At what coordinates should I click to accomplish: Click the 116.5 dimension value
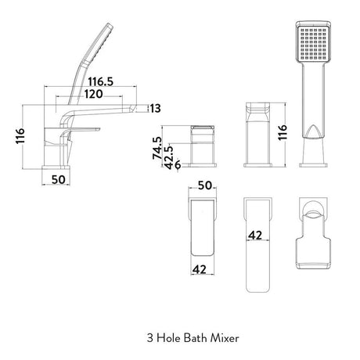(x=100, y=81)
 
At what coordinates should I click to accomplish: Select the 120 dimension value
(x=93, y=94)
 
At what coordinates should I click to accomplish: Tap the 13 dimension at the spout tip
(x=156, y=108)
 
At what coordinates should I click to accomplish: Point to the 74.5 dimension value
(x=157, y=148)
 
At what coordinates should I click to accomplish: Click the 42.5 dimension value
(x=169, y=157)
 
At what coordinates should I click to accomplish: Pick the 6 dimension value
(x=178, y=164)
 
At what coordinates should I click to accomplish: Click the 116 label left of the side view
(x=20, y=135)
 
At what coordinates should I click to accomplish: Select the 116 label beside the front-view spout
(x=283, y=132)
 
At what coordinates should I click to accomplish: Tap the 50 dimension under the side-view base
(x=58, y=179)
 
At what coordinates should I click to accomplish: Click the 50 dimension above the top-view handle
(x=205, y=185)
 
